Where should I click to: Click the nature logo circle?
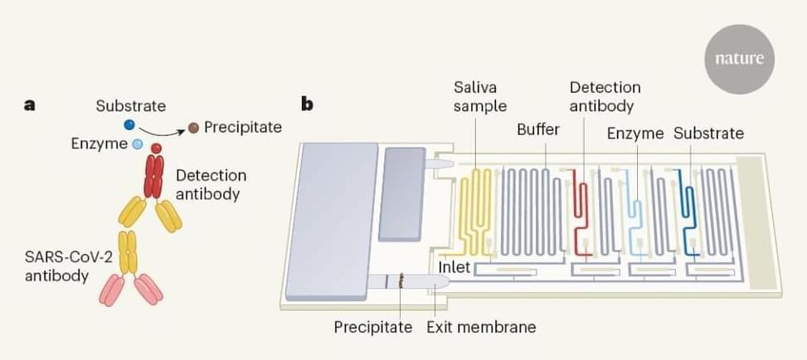click(x=738, y=59)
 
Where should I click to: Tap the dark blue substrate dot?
click(x=129, y=125)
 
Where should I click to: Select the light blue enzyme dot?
click(x=138, y=144)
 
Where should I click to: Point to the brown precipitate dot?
click(x=193, y=128)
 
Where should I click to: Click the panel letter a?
click(x=30, y=105)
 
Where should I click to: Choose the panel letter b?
click(x=307, y=105)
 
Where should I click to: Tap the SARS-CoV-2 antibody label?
click(x=56, y=265)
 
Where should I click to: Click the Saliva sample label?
click(x=479, y=96)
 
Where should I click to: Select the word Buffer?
click(x=538, y=130)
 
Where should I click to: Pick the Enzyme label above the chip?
click(x=635, y=133)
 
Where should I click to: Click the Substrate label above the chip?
click(x=708, y=133)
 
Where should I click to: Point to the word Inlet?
click(x=455, y=267)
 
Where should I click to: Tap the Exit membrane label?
click(x=481, y=327)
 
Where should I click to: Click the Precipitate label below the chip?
click(x=373, y=327)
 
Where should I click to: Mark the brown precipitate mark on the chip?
click(x=402, y=282)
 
